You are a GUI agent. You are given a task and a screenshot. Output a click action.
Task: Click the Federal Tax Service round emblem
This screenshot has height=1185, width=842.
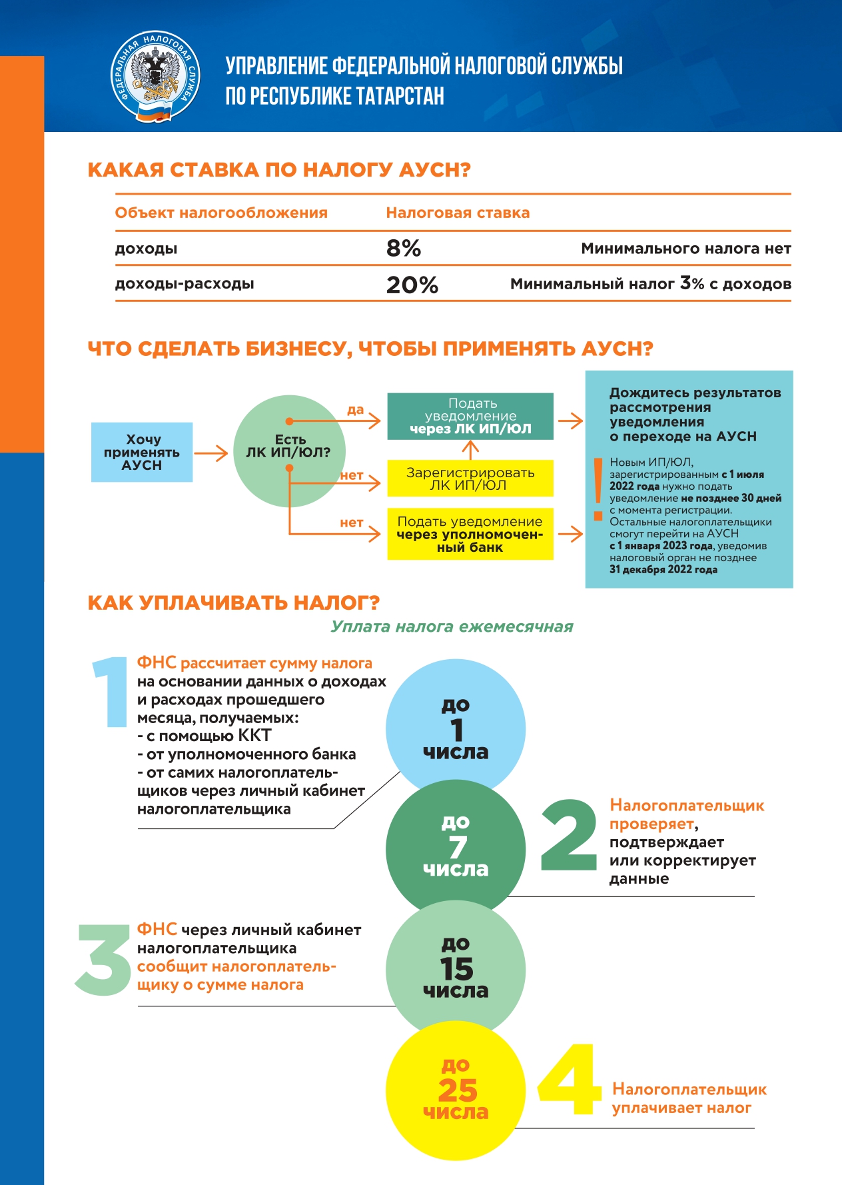(155, 76)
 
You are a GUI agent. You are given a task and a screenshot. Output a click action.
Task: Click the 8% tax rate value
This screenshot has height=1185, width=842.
(404, 249)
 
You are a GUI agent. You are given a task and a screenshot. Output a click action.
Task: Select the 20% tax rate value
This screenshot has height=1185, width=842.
(412, 285)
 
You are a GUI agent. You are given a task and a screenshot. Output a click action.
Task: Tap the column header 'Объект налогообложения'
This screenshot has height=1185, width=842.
(221, 213)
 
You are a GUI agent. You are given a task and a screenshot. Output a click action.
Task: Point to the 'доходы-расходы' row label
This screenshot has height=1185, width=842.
(185, 283)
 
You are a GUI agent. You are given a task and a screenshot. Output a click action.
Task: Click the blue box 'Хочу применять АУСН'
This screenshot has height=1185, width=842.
(142, 452)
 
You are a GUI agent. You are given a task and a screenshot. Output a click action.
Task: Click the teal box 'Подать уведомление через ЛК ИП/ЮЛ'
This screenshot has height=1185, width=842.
(470, 416)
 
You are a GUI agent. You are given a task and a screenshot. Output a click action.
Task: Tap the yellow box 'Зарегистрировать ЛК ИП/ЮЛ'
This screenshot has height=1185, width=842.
(470, 479)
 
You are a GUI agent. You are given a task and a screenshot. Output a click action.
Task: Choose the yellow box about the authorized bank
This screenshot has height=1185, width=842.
(470, 534)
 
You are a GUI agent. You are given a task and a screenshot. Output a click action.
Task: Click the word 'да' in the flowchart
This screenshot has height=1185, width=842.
(355, 410)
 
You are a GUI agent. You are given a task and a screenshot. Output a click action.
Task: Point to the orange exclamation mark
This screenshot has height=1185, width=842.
(598, 488)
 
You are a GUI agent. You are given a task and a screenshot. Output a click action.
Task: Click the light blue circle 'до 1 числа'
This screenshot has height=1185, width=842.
(456, 728)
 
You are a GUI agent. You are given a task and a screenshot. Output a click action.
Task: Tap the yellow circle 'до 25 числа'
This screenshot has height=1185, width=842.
(456, 1090)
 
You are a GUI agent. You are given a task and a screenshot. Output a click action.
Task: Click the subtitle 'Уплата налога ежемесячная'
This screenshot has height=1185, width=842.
(452, 626)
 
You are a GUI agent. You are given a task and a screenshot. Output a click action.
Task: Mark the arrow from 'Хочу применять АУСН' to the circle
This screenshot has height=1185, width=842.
(211, 453)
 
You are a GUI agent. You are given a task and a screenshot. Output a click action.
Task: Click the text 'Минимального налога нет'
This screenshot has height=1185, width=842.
(685, 249)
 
